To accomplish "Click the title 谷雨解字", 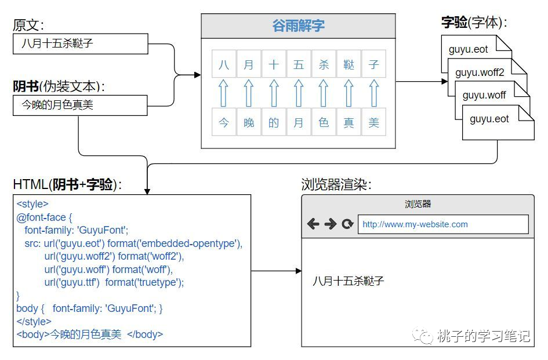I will [298, 26].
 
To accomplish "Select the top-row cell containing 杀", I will [324, 64].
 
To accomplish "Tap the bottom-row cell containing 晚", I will [249, 122].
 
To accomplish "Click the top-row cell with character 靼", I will [349, 64].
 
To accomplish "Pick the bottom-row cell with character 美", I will [373, 122].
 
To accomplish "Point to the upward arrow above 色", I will [324, 93].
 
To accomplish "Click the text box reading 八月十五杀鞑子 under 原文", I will [80, 43].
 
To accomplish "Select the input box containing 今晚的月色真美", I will [80, 105].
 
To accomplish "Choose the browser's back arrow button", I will [313, 224].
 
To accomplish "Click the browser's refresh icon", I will [347, 224].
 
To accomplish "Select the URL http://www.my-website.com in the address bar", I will [415, 224].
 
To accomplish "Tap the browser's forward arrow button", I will [330, 224].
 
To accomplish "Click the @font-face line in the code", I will [44, 217].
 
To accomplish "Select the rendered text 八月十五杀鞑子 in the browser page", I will [349, 281].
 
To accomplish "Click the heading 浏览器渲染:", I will [336, 184].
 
